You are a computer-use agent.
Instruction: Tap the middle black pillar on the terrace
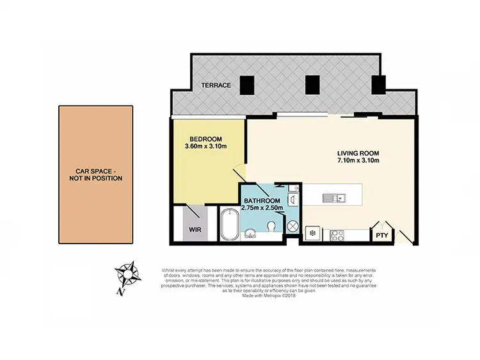click(312, 83)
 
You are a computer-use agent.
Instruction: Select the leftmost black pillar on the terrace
click(248, 84)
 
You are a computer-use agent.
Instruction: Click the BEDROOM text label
click(206, 139)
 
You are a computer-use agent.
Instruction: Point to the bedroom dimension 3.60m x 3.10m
click(206, 147)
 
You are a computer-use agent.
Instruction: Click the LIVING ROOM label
click(359, 153)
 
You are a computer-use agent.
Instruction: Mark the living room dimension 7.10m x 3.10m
click(359, 161)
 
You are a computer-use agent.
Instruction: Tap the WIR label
click(196, 229)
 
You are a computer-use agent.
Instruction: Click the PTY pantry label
click(382, 235)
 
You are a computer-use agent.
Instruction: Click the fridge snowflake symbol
click(312, 233)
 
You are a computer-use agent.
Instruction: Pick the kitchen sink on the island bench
click(334, 197)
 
